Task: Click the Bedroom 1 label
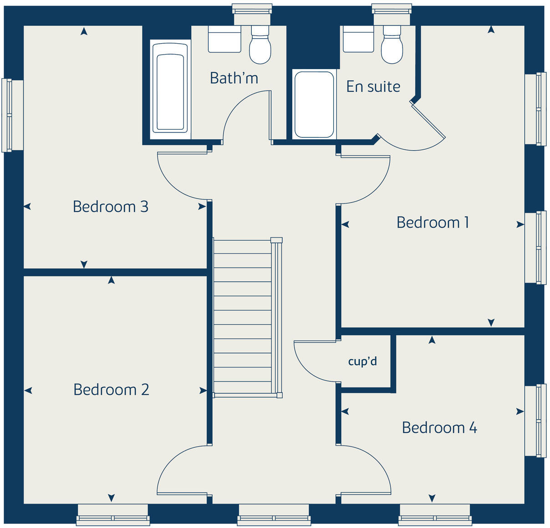click(x=433, y=223)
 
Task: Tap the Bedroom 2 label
click(x=111, y=390)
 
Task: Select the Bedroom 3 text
click(x=111, y=207)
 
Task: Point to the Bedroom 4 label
click(x=439, y=428)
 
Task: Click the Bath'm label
click(x=234, y=78)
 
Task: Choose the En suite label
click(x=373, y=86)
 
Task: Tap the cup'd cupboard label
click(x=362, y=361)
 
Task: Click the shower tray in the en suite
click(x=314, y=104)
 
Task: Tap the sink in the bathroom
click(x=224, y=39)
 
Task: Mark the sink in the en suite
click(x=358, y=39)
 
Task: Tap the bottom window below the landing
click(x=274, y=514)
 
